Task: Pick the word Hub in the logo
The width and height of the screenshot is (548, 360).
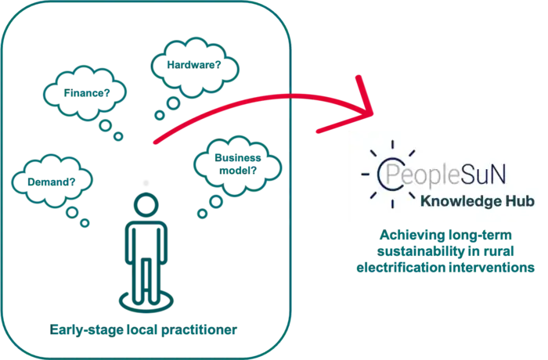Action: pos(521,202)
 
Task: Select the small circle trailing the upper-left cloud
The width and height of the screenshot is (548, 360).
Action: pos(106,123)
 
